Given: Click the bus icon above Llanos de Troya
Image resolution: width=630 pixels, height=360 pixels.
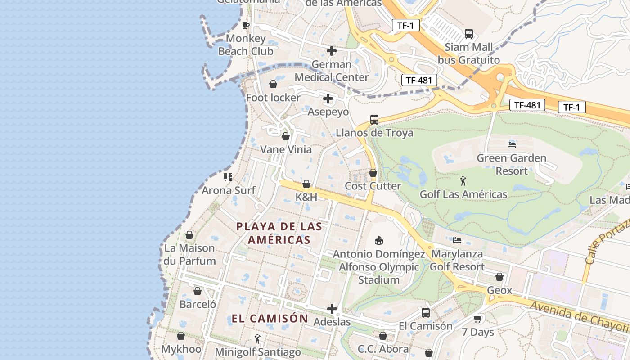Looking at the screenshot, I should [x=374, y=120].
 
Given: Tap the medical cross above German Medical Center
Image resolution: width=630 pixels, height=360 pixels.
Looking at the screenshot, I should [x=332, y=51].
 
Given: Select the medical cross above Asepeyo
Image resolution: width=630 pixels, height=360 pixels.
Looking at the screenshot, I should [x=328, y=99].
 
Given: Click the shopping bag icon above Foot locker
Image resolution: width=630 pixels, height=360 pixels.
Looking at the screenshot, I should [x=273, y=84].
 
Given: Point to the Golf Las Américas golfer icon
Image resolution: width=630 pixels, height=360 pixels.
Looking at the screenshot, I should [x=463, y=181].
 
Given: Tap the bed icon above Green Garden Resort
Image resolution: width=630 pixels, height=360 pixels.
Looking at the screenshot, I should [x=512, y=145].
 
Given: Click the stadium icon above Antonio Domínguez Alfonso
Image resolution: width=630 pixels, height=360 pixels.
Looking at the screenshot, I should [x=379, y=241].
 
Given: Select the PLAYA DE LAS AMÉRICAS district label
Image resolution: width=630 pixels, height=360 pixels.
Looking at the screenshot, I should [x=279, y=233].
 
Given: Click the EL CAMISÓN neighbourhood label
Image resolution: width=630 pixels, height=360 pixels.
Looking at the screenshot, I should [x=270, y=319].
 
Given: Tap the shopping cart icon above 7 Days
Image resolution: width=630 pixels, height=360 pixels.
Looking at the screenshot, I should [x=477, y=319].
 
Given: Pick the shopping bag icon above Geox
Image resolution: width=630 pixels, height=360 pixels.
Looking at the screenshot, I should [x=499, y=277].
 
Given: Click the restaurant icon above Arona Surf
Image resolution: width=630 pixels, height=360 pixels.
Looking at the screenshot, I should [x=228, y=177].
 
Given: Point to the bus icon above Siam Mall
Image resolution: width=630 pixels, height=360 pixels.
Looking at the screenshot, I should [x=469, y=34].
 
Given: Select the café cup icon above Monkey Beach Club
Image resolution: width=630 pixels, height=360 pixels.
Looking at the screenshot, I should [x=245, y=25].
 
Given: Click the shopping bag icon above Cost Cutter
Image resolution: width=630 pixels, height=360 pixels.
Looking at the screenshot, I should [x=373, y=173].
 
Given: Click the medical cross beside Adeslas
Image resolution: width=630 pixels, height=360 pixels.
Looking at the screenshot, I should [x=332, y=309].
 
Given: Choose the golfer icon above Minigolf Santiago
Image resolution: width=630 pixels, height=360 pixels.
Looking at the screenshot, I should [x=257, y=338].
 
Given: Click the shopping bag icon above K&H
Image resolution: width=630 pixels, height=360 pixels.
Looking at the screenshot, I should [x=306, y=184].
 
